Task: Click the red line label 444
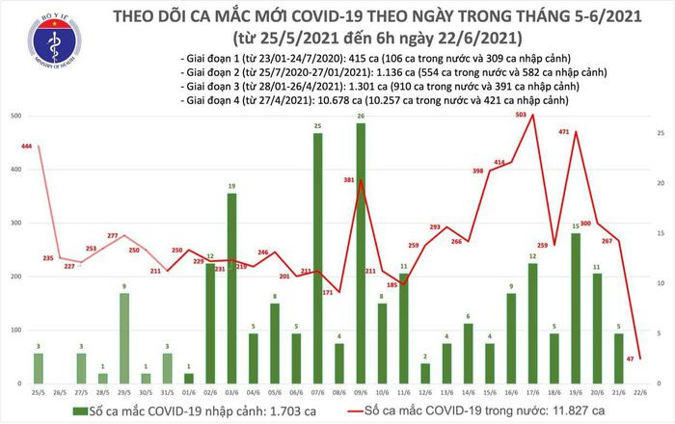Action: point(26,146)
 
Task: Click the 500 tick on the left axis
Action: point(14,117)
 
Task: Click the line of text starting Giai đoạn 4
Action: point(382,102)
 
